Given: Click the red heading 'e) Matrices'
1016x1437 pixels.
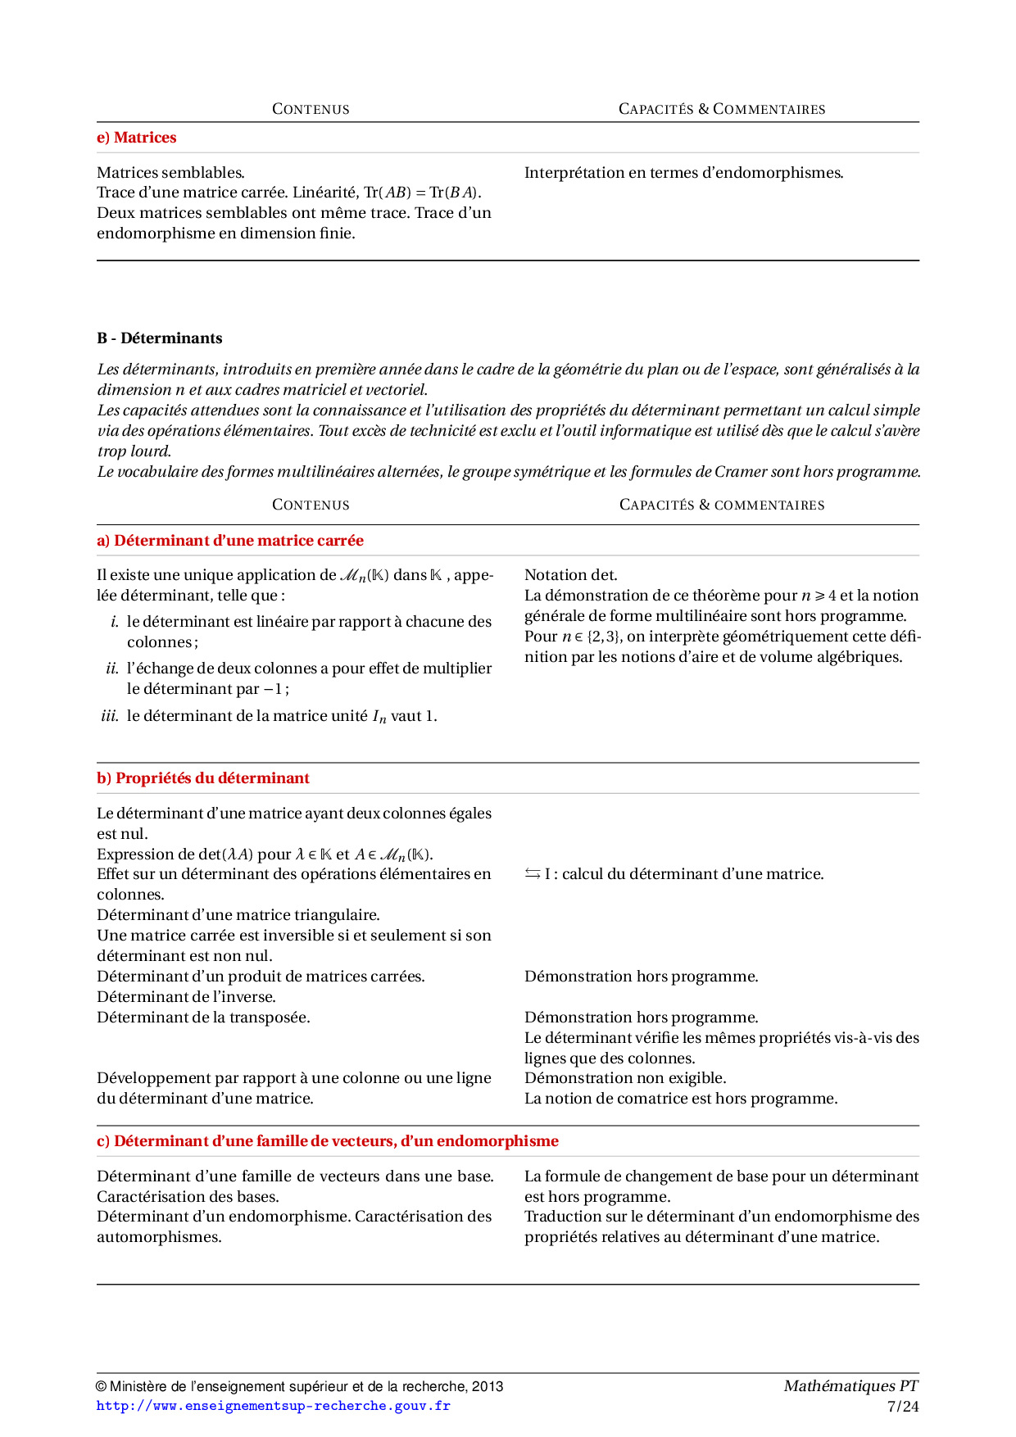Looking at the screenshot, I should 136,138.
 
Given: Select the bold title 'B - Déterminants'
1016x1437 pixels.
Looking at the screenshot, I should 159,338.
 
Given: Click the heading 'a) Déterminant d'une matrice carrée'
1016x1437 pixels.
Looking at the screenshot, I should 229,541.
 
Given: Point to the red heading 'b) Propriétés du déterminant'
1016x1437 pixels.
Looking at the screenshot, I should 202,778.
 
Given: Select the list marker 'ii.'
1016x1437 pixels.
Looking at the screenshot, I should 112,669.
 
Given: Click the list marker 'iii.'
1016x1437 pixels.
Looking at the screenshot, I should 110,716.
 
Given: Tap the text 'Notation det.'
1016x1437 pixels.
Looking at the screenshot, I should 570,575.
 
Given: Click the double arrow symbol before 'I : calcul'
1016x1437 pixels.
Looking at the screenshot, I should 533,874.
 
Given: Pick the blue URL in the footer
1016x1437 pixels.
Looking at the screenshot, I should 273,1406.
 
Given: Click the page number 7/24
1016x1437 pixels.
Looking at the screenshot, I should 902,1407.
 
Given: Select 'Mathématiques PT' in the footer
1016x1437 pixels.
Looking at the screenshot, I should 850,1386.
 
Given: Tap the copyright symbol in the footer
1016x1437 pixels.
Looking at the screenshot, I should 102,1387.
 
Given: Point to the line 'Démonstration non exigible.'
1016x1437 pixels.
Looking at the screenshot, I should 624,1078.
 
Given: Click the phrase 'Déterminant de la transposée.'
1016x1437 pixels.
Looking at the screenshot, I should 203,1018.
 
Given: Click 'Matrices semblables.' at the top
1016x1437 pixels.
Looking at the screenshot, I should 170,173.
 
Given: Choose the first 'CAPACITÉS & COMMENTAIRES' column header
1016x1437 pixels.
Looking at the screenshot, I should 721,109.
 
